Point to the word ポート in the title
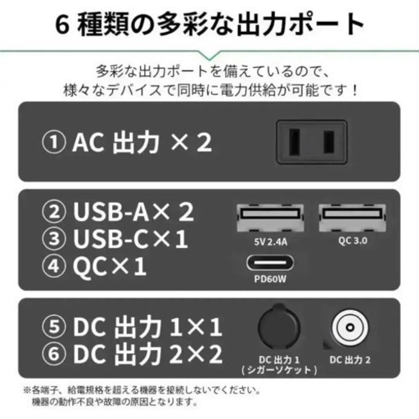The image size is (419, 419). [322, 25]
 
